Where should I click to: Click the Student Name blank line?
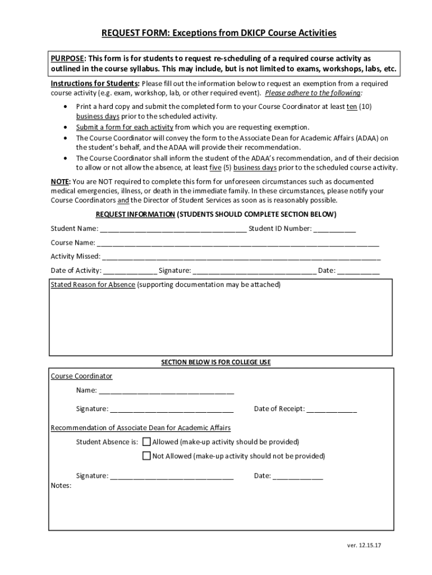tap(173, 230)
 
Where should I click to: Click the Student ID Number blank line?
tap(334, 230)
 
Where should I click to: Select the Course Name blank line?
tap(238, 244)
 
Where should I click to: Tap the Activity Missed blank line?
tap(241, 258)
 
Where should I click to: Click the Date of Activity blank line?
tap(130, 272)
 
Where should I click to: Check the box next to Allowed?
tap(147, 442)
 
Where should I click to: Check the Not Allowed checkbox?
tap(147, 456)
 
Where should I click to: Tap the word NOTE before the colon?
tap(59, 182)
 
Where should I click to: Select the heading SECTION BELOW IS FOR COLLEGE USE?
tap(216, 362)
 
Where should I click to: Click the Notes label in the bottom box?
tap(61, 485)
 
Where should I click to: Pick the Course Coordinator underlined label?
tap(81, 376)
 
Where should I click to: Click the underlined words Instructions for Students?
tap(94, 84)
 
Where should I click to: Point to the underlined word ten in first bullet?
tap(352, 107)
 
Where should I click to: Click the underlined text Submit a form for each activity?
tap(125, 127)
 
